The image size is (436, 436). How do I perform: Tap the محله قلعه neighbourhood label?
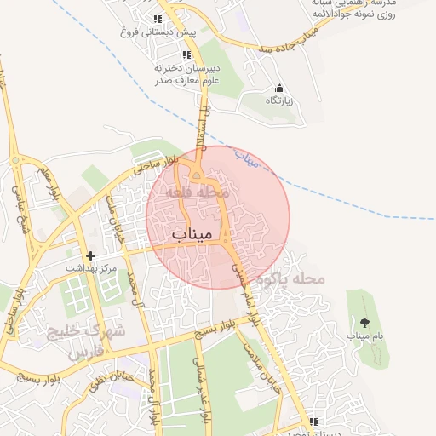[x=198, y=194]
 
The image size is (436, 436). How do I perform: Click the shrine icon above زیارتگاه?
[x=278, y=88]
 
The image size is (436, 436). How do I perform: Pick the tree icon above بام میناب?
[x=365, y=323]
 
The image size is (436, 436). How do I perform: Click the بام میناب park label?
[x=365, y=336]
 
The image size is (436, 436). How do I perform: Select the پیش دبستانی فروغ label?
[x=159, y=32]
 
